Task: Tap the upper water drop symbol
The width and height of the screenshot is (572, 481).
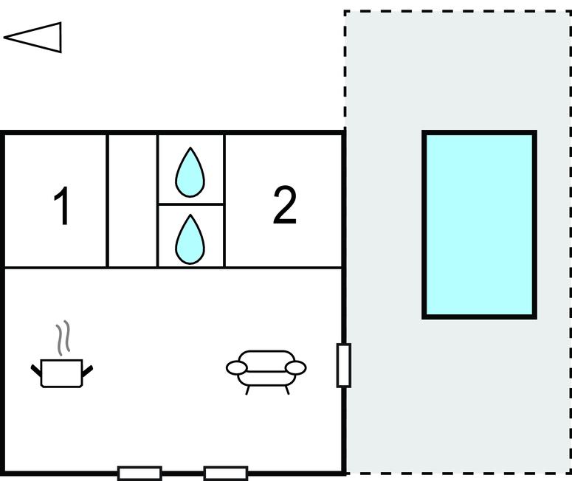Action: click(190, 172)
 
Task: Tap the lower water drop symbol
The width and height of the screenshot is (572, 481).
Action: click(190, 238)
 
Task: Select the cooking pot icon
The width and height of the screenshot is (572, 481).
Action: click(62, 372)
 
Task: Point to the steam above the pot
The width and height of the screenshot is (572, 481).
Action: click(65, 337)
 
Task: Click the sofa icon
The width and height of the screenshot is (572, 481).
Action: click(266, 369)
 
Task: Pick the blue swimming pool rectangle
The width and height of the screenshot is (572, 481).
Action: click(479, 225)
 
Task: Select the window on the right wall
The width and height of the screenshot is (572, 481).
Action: click(344, 365)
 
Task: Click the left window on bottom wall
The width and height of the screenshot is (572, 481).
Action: click(139, 473)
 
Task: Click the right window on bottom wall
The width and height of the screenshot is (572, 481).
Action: click(225, 473)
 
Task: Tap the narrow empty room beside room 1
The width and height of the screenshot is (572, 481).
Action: click(133, 201)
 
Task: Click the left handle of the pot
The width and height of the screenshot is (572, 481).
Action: click(36, 367)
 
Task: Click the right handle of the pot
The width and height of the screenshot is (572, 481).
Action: click(89, 367)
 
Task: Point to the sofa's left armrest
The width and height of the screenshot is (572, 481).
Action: click(236, 367)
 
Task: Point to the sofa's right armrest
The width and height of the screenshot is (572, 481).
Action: click(296, 367)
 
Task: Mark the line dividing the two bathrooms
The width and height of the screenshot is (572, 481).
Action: click(190, 204)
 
